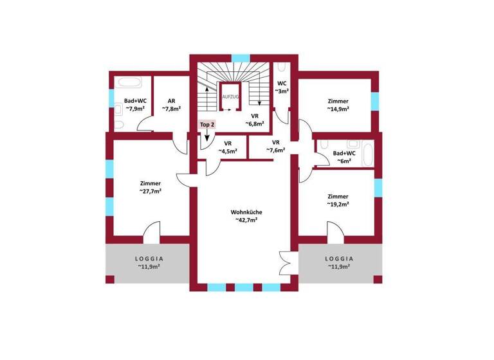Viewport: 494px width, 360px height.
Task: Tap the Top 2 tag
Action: click(206, 124)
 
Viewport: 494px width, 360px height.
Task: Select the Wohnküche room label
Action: click(246, 212)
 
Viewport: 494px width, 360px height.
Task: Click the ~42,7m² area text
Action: click(246, 221)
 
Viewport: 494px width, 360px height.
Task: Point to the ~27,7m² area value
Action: click(150, 191)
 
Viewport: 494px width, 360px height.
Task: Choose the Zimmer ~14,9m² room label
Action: click(338, 105)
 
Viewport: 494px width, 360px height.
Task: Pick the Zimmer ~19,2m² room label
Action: click(338, 200)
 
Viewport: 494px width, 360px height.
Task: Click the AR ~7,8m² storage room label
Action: click(172, 105)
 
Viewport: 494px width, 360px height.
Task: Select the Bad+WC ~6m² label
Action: click(345, 157)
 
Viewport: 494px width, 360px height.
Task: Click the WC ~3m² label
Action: click(282, 87)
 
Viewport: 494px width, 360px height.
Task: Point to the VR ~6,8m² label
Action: click(246, 121)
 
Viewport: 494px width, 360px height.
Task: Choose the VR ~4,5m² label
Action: click(228, 147)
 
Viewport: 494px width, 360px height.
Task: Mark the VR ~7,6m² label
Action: click(276, 147)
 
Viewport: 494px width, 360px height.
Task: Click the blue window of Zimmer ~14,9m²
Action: click(375, 102)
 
